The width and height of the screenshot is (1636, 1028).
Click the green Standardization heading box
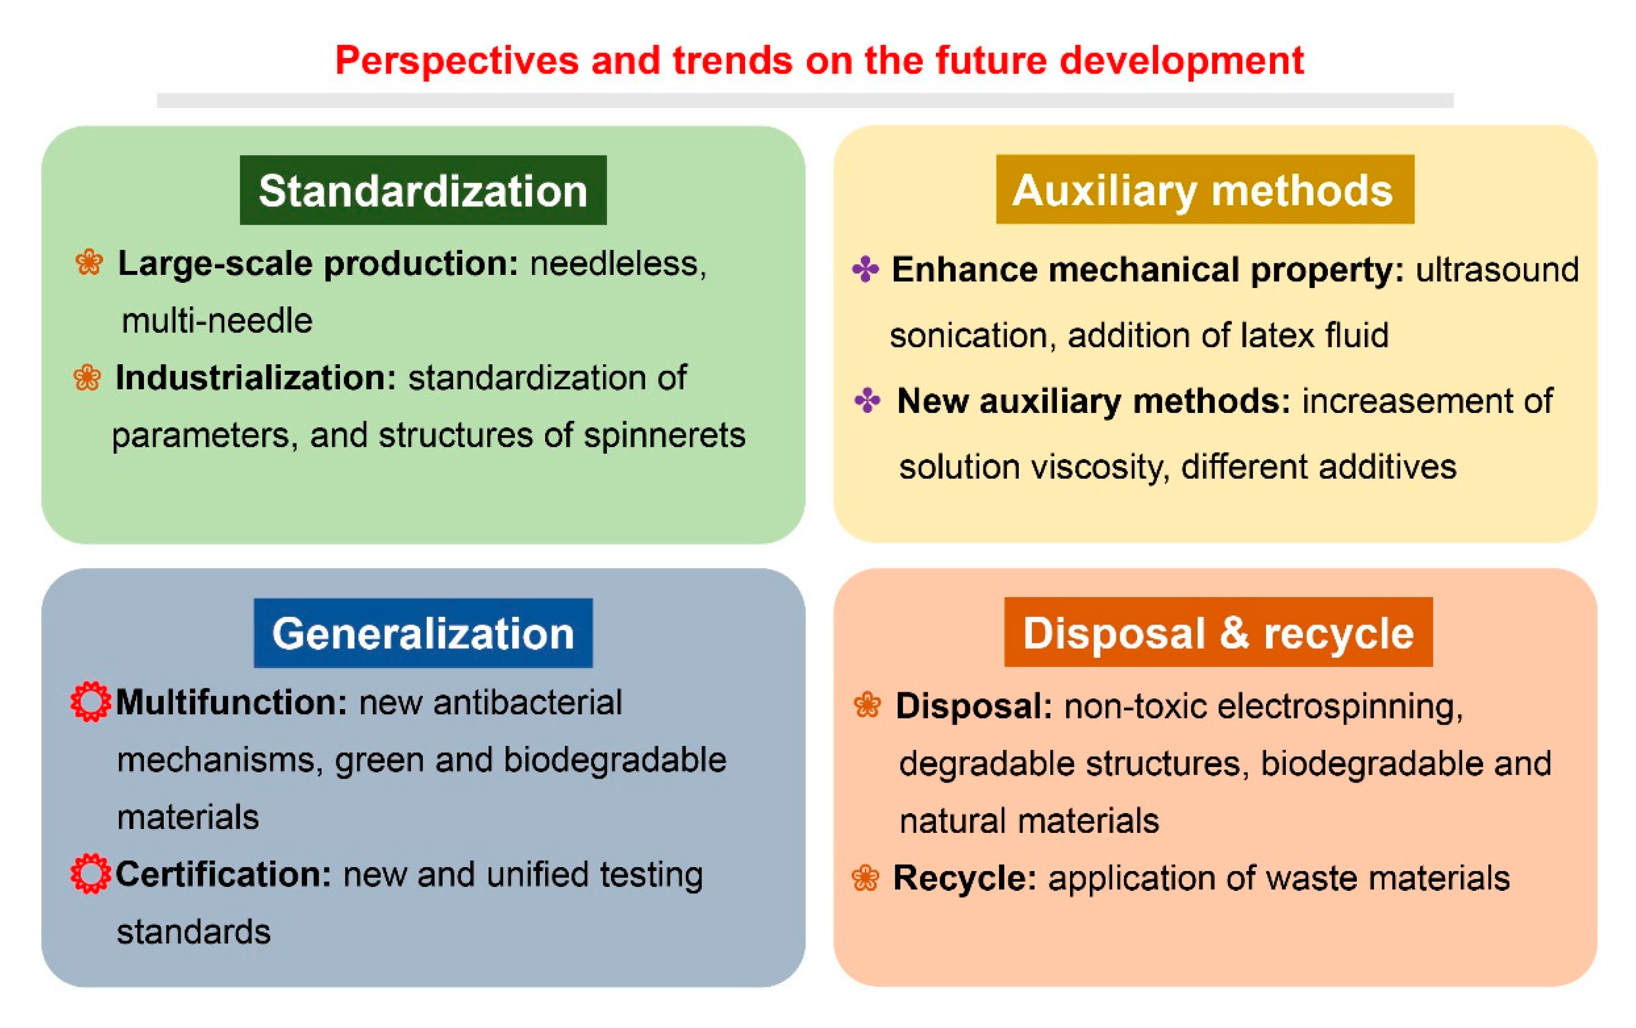click(x=423, y=190)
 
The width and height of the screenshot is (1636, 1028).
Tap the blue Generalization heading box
click(x=423, y=632)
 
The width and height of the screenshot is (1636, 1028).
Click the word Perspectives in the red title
click(x=456, y=61)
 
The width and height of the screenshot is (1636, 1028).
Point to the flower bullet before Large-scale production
click(x=89, y=262)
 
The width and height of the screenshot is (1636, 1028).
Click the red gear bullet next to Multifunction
click(x=90, y=701)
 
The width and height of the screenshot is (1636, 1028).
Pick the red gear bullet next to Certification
click(x=90, y=874)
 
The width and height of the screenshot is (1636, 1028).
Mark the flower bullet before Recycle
click(x=865, y=878)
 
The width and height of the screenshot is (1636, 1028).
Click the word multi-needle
click(x=217, y=320)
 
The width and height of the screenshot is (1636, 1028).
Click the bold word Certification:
click(x=223, y=874)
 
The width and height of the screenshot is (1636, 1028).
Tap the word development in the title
click(x=1182, y=61)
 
